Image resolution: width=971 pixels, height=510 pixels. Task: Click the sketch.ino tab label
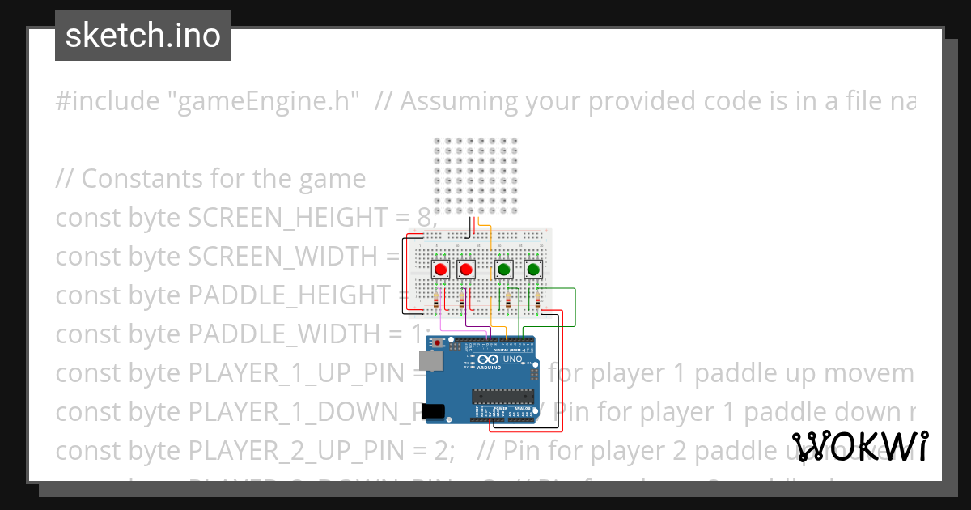pyautogui.click(x=143, y=36)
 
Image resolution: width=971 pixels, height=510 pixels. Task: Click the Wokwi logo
pyautogui.click(x=859, y=446)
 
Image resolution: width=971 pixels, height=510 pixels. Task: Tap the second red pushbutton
pyautogui.click(x=465, y=269)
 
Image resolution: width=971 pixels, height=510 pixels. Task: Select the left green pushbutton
pyautogui.click(x=503, y=269)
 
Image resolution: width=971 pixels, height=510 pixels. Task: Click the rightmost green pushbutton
pyautogui.click(x=532, y=269)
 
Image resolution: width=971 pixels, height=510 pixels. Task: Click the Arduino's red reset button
pyautogui.click(x=439, y=344)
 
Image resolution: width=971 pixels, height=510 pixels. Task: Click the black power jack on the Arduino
pyautogui.click(x=435, y=410)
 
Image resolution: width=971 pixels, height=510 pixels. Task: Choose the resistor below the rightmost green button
pyautogui.click(x=538, y=304)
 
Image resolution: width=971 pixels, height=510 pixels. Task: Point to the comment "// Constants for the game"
pyautogui.click(x=210, y=179)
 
